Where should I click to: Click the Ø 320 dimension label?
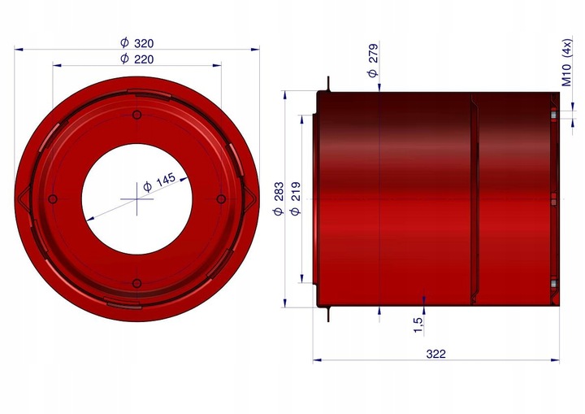coord(136,43)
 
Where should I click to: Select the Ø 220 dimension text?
coord(136,59)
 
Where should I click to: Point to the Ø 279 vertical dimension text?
coord(373,61)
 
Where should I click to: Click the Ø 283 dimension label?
coord(279,198)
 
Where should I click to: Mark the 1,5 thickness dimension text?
coord(418,325)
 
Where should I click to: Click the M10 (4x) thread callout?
coord(566,61)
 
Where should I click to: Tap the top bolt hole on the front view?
coord(136,115)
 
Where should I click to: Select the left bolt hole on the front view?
coord(53,199)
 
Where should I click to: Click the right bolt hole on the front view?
coord(220,199)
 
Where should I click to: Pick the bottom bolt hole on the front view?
coord(136,283)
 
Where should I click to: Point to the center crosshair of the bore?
coord(136,199)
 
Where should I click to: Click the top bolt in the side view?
coord(553,115)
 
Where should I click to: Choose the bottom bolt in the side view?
coord(553,284)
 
